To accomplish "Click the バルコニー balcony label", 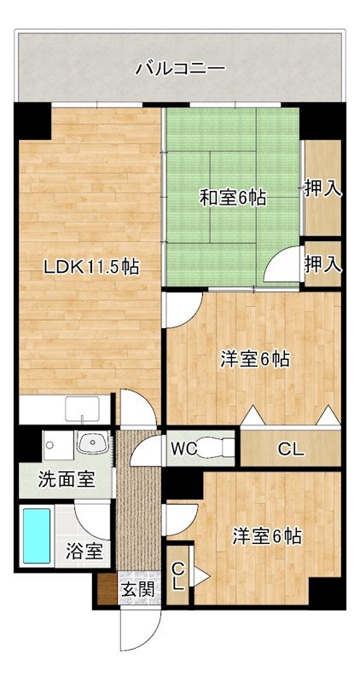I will [180, 69].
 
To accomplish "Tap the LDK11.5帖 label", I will [91, 267].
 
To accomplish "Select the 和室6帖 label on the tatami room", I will [232, 199].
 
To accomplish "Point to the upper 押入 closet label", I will [323, 188].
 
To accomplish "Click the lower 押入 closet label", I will [323, 263].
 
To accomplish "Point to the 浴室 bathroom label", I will [85, 551].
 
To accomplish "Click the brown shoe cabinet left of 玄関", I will [106, 589].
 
